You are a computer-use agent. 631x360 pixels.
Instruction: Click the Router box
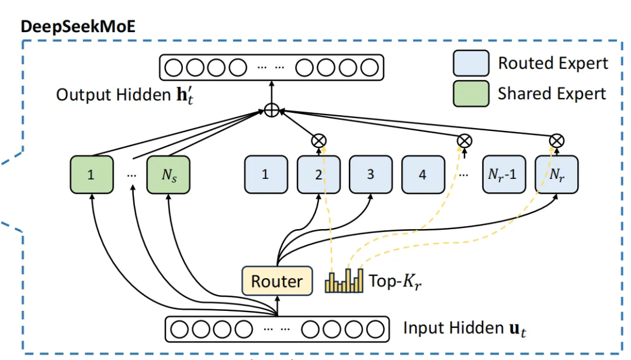click(276, 281)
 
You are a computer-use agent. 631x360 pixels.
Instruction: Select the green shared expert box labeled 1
click(91, 174)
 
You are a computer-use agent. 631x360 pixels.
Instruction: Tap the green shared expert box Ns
click(168, 174)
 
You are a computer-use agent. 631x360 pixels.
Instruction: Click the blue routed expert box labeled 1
click(265, 174)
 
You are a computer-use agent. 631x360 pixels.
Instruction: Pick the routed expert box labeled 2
click(318, 174)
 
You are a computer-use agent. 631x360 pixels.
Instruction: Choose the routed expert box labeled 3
click(370, 174)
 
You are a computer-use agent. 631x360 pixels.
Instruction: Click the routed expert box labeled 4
click(422, 174)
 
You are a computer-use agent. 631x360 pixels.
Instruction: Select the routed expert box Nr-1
click(503, 174)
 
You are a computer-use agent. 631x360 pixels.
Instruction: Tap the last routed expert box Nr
click(556, 174)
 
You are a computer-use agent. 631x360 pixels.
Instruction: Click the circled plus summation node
click(271, 109)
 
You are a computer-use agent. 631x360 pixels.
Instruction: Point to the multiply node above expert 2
click(319, 140)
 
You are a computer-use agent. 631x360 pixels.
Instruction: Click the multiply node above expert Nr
click(557, 140)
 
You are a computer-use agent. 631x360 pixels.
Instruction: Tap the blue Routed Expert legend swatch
click(471, 63)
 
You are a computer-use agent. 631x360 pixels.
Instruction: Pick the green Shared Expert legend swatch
click(471, 94)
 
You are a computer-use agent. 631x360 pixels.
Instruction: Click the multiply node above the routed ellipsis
click(464, 140)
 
